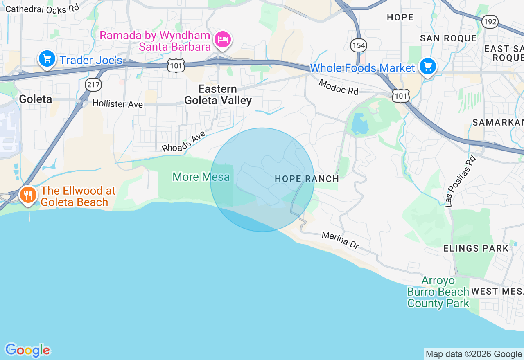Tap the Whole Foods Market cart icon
click(428, 66)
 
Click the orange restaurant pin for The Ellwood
click(28, 196)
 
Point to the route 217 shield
click(93, 85)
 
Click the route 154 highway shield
click(359, 45)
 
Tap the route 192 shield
click(490, 22)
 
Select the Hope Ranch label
click(307, 179)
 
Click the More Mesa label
click(201, 177)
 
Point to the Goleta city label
click(36, 99)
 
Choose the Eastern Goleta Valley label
click(218, 94)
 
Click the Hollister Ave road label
click(117, 103)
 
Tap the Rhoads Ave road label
click(183, 142)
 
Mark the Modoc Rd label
click(338, 87)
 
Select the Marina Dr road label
click(340, 240)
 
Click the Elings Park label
click(476, 248)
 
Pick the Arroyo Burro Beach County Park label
click(438, 292)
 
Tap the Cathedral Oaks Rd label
click(42, 8)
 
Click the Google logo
click(27, 350)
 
